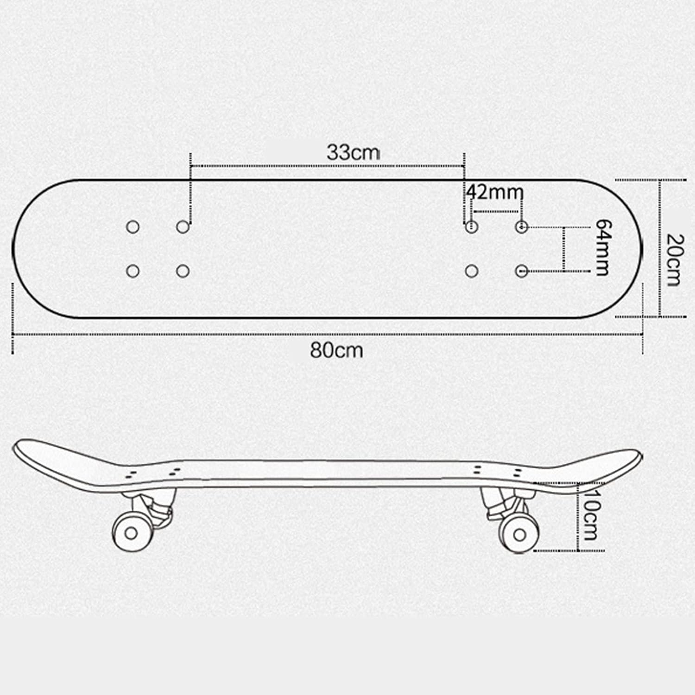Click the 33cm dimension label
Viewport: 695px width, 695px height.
tap(353, 152)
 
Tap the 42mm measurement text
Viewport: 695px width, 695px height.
tap(495, 191)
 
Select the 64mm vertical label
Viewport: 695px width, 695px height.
tap(602, 247)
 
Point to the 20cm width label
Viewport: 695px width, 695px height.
tap(673, 260)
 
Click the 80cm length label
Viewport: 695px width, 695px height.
tap(336, 350)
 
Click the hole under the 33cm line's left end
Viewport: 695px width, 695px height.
tap(183, 227)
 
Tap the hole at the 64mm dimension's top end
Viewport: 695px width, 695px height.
tap(522, 227)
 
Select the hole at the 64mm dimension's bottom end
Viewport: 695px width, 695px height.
tap(522, 271)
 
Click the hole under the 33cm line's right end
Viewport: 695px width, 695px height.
tap(472, 227)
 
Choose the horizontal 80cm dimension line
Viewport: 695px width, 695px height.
tap(324, 334)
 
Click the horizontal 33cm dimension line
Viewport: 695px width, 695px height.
tap(324, 165)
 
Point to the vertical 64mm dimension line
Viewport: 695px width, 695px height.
tap(564, 249)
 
